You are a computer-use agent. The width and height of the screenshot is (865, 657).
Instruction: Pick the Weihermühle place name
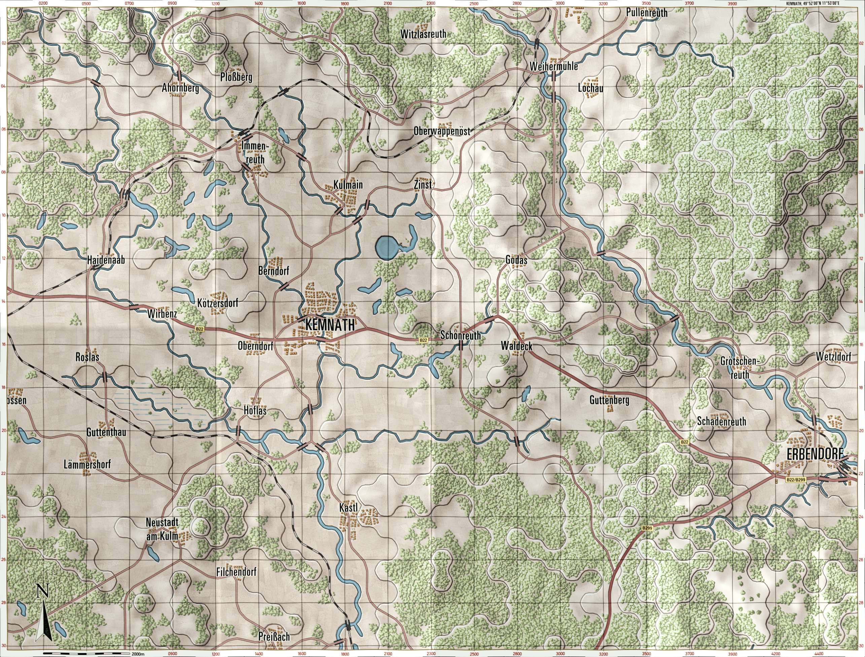(x=553, y=67)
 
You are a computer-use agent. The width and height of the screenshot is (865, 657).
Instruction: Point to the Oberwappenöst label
(x=442, y=131)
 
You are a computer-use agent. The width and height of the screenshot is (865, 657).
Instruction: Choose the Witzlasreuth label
(x=423, y=34)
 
